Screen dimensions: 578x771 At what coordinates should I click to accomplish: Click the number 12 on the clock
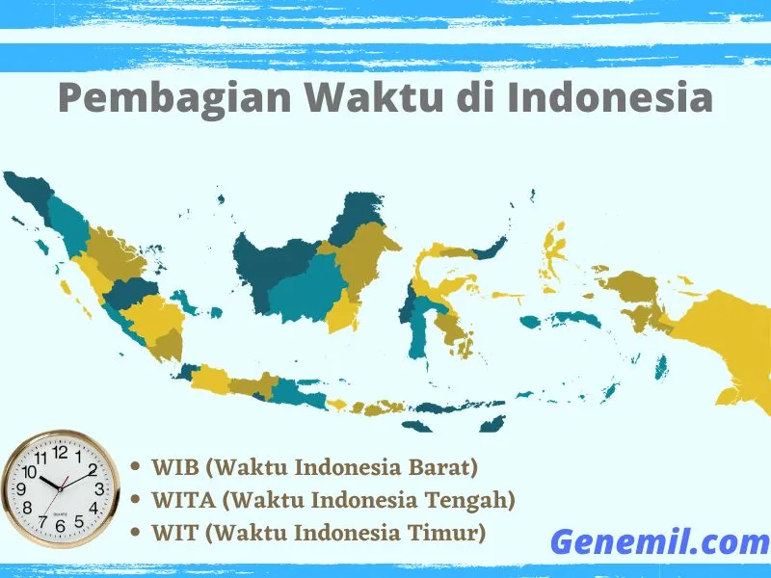[x=61, y=451]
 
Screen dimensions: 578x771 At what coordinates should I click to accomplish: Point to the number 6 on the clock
[x=61, y=526]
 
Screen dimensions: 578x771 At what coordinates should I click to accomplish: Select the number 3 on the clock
[x=98, y=488]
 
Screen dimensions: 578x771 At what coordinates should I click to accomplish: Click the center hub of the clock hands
[x=61, y=486]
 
